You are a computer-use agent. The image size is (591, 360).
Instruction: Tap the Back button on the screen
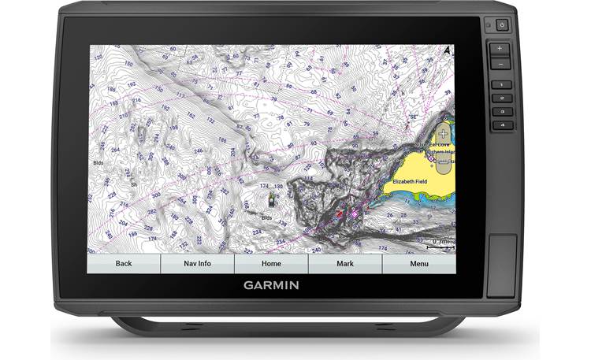click(124, 263)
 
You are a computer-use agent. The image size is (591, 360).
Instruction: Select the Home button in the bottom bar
click(271, 263)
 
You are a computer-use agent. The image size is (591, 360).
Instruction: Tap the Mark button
click(344, 263)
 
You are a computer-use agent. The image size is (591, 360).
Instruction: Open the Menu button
click(418, 263)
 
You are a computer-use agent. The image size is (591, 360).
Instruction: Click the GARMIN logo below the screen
click(271, 285)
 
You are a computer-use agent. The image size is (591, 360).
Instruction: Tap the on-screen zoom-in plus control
click(442, 132)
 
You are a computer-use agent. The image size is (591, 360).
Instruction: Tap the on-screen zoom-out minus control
click(442, 164)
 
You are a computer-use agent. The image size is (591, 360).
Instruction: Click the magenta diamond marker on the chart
click(354, 213)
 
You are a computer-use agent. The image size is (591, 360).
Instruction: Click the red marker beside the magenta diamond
click(340, 213)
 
